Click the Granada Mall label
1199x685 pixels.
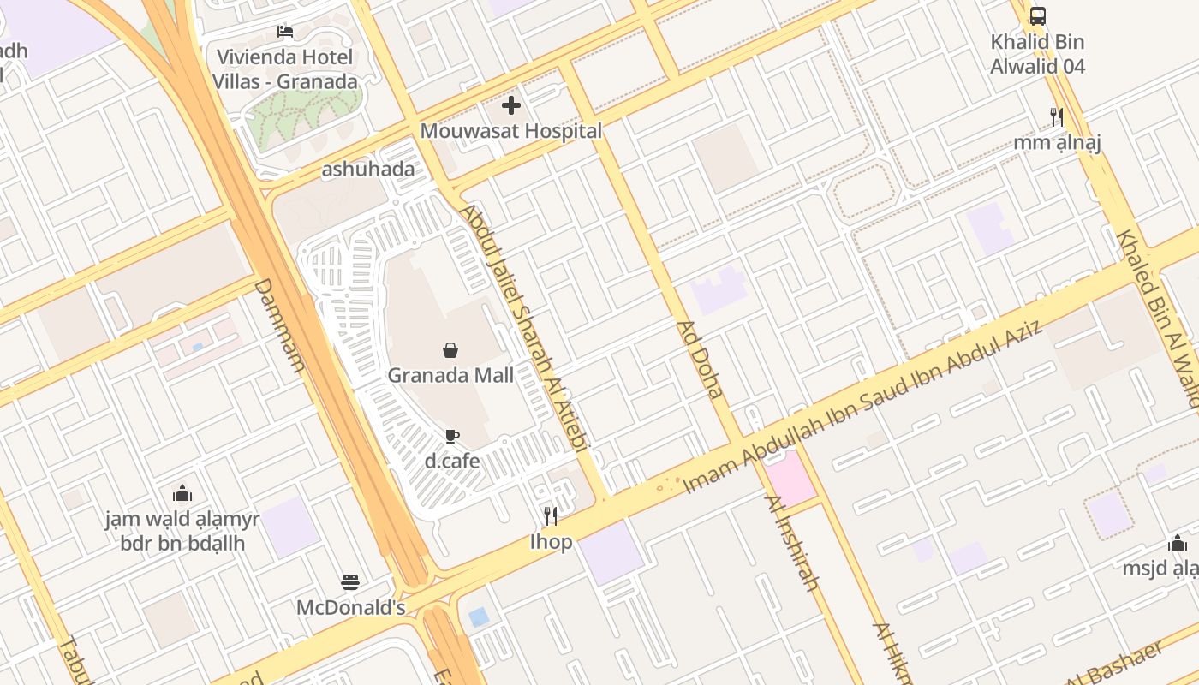click(x=450, y=375)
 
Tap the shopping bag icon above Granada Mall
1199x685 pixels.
click(x=450, y=349)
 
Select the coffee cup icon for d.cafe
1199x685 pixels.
click(x=452, y=436)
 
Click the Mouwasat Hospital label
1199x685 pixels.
click(x=511, y=131)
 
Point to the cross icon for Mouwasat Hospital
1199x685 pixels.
click(x=511, y=105)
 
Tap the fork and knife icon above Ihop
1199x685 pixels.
click(x=551, y=515)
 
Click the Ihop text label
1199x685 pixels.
click(x=551, y=542)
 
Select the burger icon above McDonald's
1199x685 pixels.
click(x=350, y=582)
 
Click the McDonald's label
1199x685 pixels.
click(x=350, y=607)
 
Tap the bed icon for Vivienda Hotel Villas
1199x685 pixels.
click(x=285, y=32)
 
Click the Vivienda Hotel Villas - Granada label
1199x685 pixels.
click(x=285, y=69)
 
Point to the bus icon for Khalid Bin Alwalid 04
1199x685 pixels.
click(x=1037, y=15)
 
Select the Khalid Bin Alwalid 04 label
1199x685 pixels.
click(x=1037, y=54)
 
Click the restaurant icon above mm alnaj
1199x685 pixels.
click(x=1057, y=116)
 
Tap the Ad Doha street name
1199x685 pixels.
click(x=701, y=360)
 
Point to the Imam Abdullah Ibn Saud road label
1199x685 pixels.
click(x=861, y=408)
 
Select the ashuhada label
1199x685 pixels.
click(x=368, y=169)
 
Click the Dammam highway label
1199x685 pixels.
click(x=279, y=325)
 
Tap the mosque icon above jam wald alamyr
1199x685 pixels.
click(x=182, y=493)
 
